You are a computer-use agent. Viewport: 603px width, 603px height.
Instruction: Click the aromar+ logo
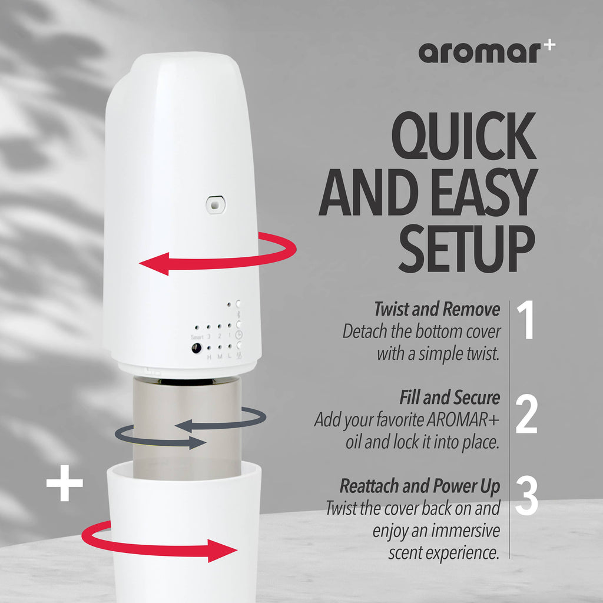click(486, 53)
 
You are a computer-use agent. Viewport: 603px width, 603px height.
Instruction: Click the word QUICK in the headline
click(464, 137)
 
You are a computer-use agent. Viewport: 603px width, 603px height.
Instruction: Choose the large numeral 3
click(526, 496)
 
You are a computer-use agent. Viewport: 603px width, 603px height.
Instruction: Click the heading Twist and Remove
click(436, 309)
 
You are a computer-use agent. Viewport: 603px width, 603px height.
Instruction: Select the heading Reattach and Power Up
click(419, 486)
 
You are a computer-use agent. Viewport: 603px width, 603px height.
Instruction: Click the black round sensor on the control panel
click(196, 348)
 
